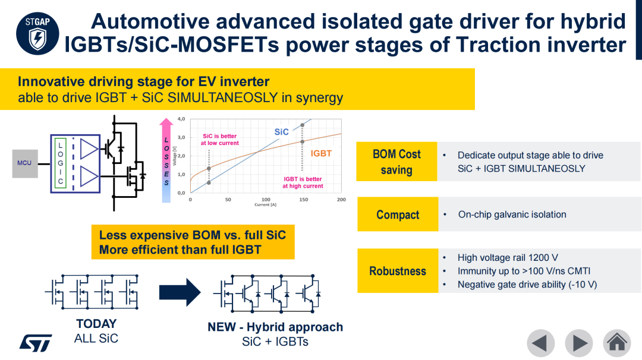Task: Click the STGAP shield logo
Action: (x=37, y=33)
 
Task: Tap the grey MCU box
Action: (x=25, y=163)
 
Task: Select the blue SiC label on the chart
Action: (x=281, y=132)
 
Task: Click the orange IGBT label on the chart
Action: (x=321, y=153)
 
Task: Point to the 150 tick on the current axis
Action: (x=303, y=200)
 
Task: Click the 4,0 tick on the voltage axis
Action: (x=181, y=119)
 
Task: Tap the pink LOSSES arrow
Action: (x=166, y=160)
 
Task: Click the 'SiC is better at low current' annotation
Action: (x=219, y=140)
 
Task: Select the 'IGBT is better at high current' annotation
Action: (x=303, y=182)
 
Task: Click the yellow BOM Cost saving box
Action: (x=396, y=162)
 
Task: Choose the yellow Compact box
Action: (x=398, y=214)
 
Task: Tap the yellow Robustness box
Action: (x=398, y=271)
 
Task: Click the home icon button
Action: (x=616, y=343)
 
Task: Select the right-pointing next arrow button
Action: (x=579, y=343)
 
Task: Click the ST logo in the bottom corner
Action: (x=36, y=343)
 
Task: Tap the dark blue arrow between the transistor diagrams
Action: (x=180, y=292)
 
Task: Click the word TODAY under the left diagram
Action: (x=97, y=324)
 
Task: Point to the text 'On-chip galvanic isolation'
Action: (x=512, y=214)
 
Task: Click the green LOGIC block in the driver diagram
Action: (x=60, y=163)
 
